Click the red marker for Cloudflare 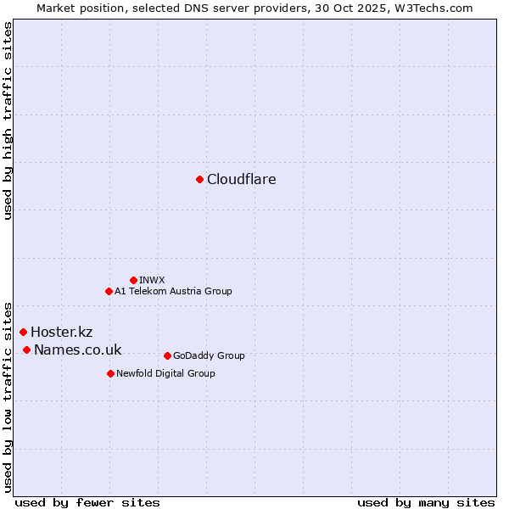pyautogui.click(x=199, y=179)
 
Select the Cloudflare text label pyautogui.click(x=242, y=179)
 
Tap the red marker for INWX pyautogui.click(x=133, y=280)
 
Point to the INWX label pyautogui.click(x=152, y=280)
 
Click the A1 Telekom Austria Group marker pyautogui.click(x=109, y=291)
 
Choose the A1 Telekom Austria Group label pyautogui.click(x=173, y=291)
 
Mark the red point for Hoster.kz pyautogui.click(x=23, y=332)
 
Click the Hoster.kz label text pyautogui.click(x=61, y=332)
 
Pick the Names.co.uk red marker pyautogui.click(x=26, y=350)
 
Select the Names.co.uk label pyautogui.click(x=77, y=350)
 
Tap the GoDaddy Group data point pyautogui.click(x=167, y=355)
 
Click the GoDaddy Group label pyautogui.click(x=208, y=355)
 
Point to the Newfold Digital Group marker pyautogui.click(x=110, y=373)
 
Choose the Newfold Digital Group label pyautogui.click(x=165, y=373)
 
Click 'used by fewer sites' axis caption pyautogui.click(x=87, y=502)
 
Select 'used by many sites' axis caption pyautogui.click(x=426, y=502)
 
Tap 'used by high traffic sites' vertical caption pyautogui.click(x=8, y=120)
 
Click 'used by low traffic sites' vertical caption pyautogui.click(x=8, y=396)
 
